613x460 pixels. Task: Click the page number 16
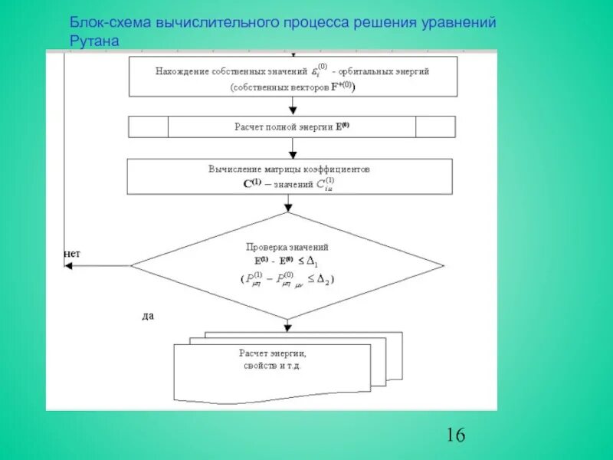[x=454, y=435]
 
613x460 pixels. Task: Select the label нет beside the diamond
[x=71, y=253]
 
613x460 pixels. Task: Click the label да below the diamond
[x=148, y=315]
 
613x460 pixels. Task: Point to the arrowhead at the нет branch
[x=68, y=265]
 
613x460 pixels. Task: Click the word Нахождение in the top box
[x=183, y=71]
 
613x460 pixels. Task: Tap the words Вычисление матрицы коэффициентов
[x=288, y=168]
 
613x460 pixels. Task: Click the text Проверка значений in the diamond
[x=287, y=247]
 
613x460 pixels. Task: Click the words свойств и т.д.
[x=272, y=367]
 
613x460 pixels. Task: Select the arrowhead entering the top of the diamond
[x=288, y=208]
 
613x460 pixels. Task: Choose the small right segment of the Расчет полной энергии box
[x=435, y=127]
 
